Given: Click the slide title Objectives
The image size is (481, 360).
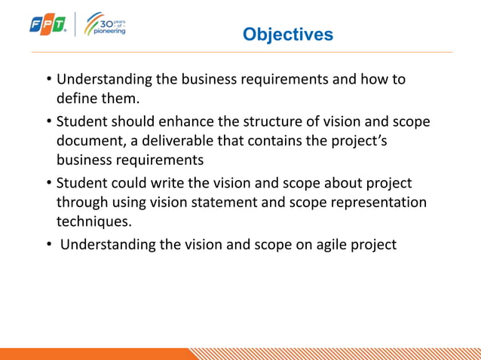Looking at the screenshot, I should point(287,35).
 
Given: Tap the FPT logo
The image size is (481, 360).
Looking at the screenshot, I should point(47,25).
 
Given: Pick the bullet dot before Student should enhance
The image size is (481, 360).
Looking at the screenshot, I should point(48,121).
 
